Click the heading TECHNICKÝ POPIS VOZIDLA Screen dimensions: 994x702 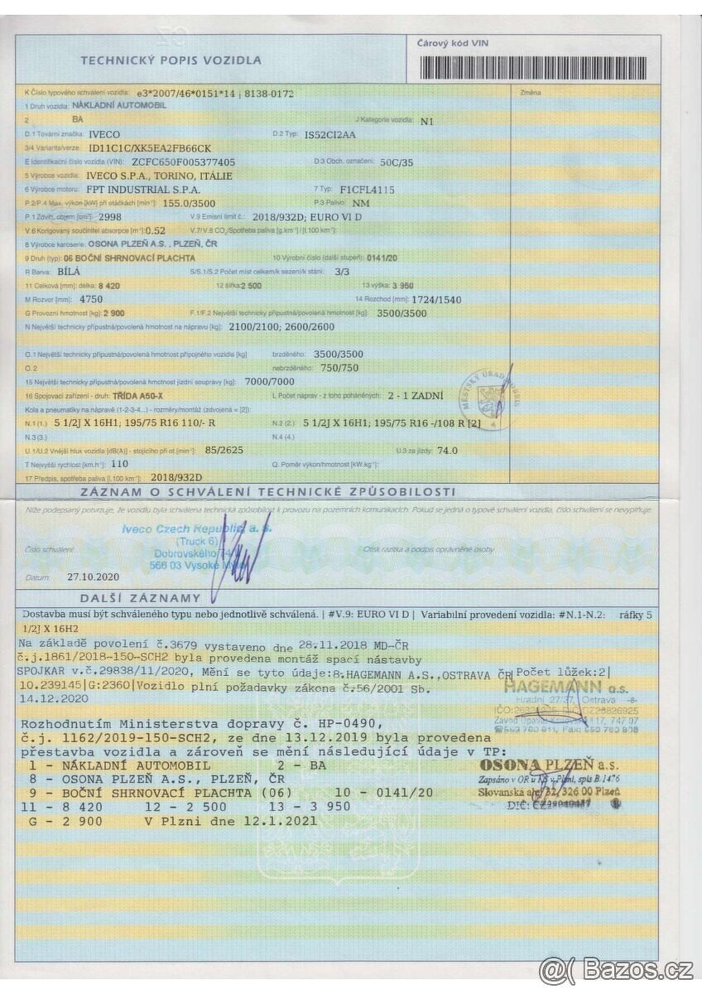point(171,60)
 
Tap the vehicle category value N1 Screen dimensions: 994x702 point(427,121)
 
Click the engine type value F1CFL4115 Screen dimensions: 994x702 point(368,190)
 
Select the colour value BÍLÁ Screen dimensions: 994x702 point(68,271)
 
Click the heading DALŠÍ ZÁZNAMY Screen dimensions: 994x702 point(140,598)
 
